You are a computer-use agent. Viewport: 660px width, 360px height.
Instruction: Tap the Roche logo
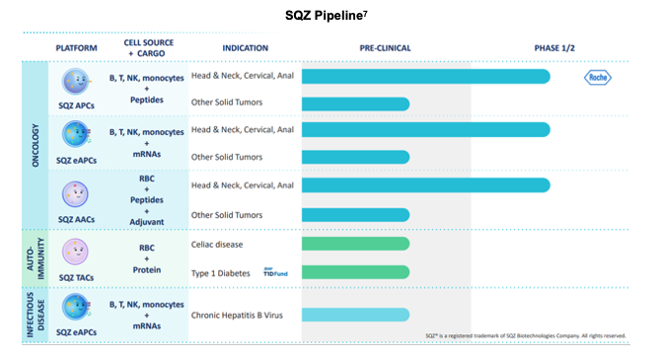[x=599, y=77]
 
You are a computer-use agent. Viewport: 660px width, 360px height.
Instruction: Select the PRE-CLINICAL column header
[x=385, y=47]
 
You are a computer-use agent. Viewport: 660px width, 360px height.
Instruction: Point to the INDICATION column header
[x=246, y=47]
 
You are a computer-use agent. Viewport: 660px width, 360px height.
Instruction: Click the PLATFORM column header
[x=76, y=47]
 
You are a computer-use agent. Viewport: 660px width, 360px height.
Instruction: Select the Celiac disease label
[x=217, y=244]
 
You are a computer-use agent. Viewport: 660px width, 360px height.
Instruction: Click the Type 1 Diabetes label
[x=219, y=271]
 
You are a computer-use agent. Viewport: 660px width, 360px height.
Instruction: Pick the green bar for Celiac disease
[x=355, y=244]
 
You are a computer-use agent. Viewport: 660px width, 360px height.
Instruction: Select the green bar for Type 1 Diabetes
[x=355, y=271]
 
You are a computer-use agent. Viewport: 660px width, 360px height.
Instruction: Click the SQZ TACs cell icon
[x=76, y=251]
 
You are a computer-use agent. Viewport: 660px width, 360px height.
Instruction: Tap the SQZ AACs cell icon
[x=76, y=191]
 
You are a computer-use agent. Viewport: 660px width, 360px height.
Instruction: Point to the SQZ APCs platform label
[x=76, y=104]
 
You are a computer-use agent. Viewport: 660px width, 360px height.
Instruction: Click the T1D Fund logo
[x=275, y=271]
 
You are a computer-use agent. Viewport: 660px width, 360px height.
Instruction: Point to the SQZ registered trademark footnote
[x=525, y=336]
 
